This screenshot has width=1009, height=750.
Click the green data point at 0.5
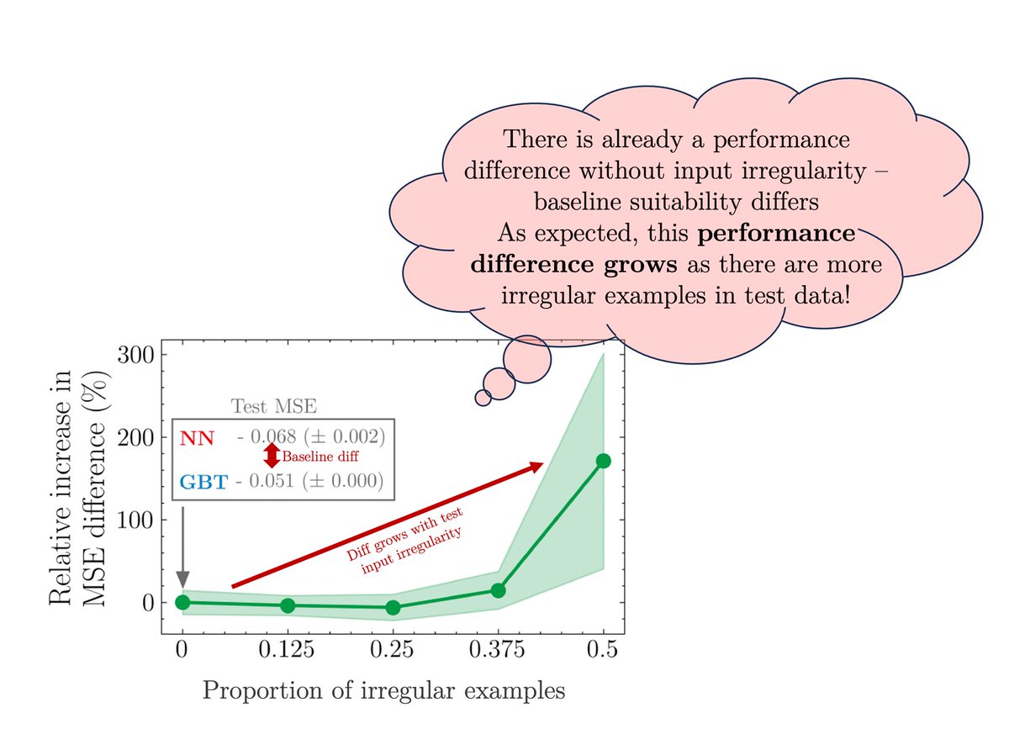(x=603, y=461)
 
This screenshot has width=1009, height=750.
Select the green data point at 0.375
(x=498, y=590)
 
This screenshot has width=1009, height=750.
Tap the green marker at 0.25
(x=393, y=607)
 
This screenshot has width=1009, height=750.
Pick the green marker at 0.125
(x=288, y=605)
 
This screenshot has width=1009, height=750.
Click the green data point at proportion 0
(x=182, y=602)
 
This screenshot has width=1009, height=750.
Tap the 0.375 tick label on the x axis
(x=498, y=650)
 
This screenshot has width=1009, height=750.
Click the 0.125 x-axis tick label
(x=288, y=650)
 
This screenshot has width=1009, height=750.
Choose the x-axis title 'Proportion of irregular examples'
(x=383, y=691)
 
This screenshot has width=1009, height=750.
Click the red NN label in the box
(x=197, y=438)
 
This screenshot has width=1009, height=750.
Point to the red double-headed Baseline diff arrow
(x=272, y=456)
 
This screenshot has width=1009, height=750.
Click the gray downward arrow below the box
(x=182, y=547)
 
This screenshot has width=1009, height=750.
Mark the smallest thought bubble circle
(x=483, y=398)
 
